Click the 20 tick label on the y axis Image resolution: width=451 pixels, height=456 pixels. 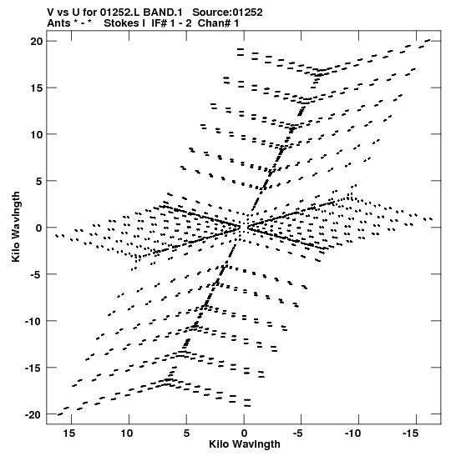coord(37,42)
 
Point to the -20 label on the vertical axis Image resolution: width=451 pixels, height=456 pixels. coord(33,414)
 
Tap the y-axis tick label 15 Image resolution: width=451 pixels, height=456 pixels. coord(37,88)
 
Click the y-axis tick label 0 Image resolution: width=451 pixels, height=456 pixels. coord(39,228)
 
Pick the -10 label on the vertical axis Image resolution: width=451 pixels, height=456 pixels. coord(33,321)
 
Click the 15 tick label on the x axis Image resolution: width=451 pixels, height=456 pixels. coord(69,433)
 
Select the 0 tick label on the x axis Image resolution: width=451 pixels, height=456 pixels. coord(244,433)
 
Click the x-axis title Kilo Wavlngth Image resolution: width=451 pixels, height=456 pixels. coord(245,444)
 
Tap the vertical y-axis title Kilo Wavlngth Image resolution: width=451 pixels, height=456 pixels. coord(16,227)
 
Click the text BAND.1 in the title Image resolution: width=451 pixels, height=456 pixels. coord(163,13)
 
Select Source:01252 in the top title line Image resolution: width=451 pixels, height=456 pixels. coord(227,13)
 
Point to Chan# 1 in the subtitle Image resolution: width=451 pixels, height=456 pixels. coord(218,23)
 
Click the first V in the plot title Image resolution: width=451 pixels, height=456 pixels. coord(50,13)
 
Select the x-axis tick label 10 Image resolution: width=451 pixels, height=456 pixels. coord(126,433)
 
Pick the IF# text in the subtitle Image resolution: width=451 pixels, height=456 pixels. coord(159,23)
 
